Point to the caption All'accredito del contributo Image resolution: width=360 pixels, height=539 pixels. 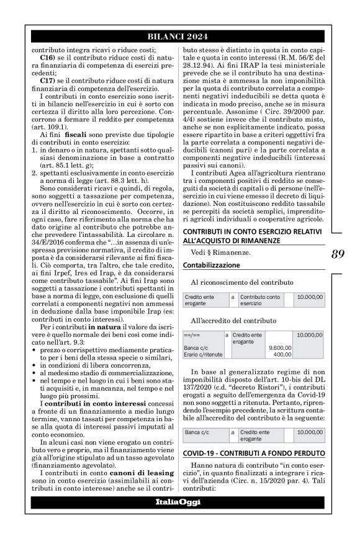(x=233, y=321)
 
